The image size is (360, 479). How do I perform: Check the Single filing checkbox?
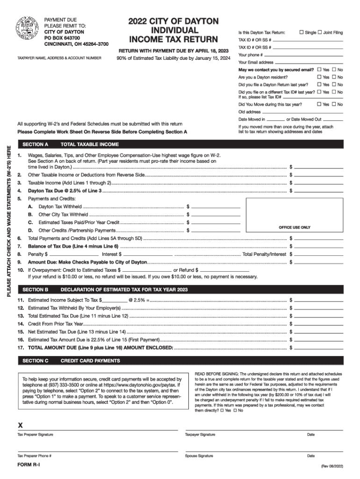(302, 32)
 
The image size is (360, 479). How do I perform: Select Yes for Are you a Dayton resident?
(319, 77)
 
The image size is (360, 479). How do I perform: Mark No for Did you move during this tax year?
(335, 104)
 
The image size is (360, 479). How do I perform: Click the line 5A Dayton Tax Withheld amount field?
(216, 206)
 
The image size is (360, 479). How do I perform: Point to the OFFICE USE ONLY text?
(295, 227)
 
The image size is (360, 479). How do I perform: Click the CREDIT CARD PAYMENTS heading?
(90, 361)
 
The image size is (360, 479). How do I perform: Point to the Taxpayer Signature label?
(200, 435)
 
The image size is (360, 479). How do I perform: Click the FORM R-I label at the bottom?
(29, 464)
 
